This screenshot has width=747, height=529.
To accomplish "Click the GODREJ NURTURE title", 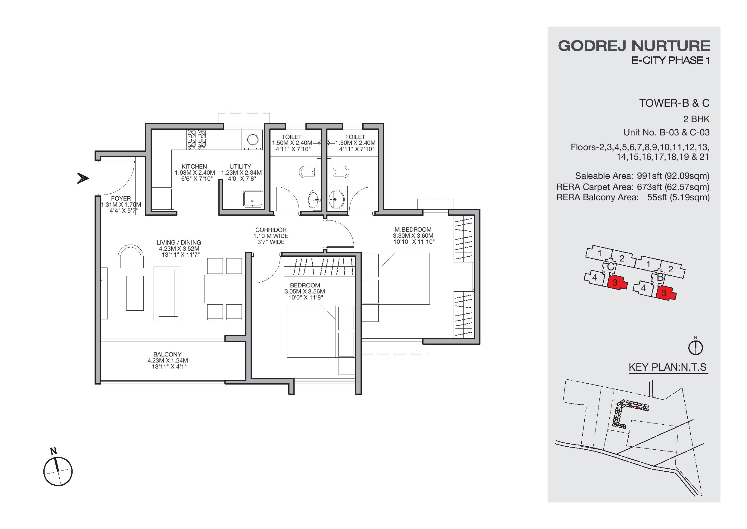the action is [634, 46].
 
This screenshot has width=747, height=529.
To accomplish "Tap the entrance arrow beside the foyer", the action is [83, 179].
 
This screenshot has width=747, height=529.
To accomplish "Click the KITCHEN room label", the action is [194, 166].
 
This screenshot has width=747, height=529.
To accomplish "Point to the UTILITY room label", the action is [240, 166].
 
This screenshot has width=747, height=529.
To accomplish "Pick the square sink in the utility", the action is [253, 199].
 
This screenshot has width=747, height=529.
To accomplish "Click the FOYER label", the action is [121, 198].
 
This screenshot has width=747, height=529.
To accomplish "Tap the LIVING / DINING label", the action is [179, 242].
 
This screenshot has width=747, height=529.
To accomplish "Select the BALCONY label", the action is [167, 354].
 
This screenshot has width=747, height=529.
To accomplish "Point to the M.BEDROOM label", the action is [413, 230].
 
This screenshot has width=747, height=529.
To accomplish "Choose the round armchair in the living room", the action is [130, 256].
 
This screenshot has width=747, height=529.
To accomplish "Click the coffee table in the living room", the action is [135, 293].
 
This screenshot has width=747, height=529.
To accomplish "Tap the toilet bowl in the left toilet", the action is [307, 172].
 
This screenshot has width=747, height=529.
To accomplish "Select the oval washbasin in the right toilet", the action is [336, 199].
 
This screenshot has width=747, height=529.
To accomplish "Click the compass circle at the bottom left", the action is [58, 471].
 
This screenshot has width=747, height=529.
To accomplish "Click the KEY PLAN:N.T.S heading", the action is [667, 367].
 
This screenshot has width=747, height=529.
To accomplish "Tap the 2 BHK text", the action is [696, 119].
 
